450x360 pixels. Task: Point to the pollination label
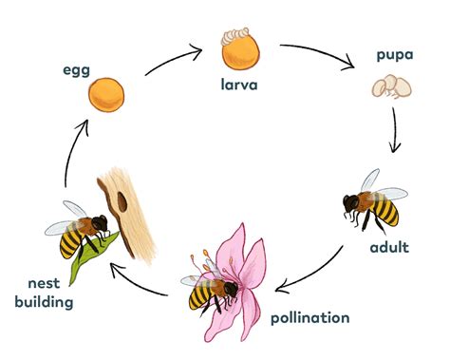coord(310,317)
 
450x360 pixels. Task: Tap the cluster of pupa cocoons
coord(391,88)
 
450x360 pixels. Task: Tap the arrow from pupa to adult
coord(396,133)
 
